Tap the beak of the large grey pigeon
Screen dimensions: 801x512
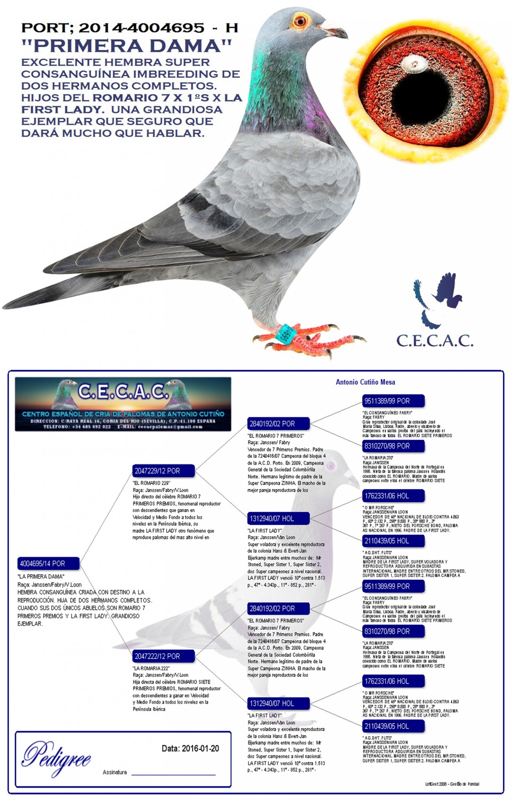tap(338, 32)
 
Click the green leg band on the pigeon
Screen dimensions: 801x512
tap(286, 332)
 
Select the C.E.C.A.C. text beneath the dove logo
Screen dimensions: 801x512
tap(434, 341)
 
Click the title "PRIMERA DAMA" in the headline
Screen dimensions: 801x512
tap(127, 46)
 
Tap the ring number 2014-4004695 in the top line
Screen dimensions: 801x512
tap(141, 28)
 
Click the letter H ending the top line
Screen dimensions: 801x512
tap(231, 28)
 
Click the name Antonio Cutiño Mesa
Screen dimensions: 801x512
tap(365, 382)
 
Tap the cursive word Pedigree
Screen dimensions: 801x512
tap(56, 758)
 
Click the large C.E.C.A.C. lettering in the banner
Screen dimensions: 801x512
tap(123, 392)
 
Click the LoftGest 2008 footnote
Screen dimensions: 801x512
tap(452, 784)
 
